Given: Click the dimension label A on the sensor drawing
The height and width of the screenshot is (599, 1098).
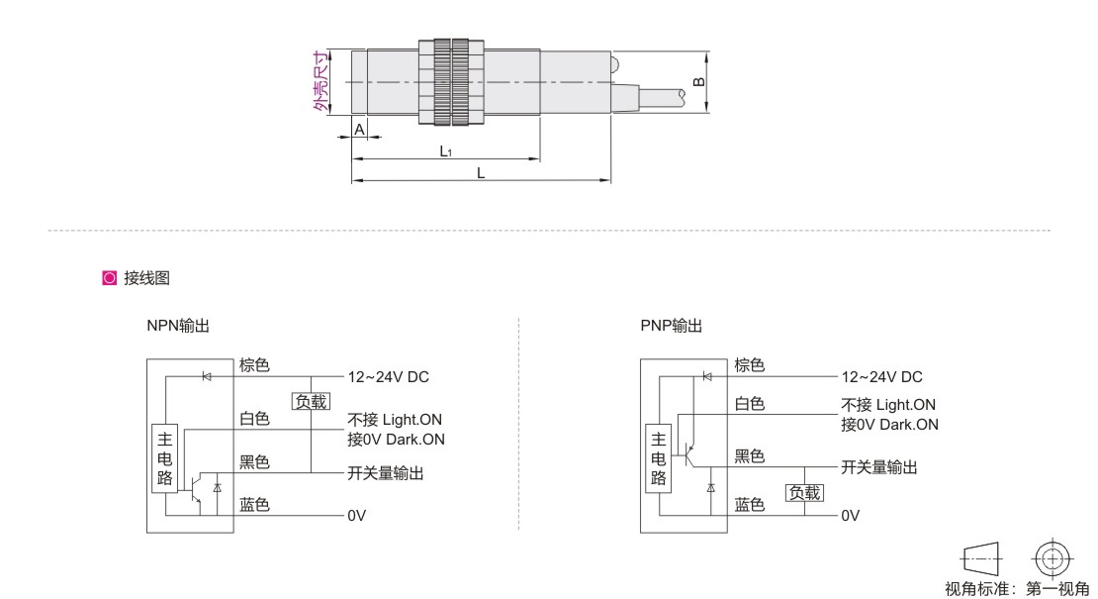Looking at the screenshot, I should [359, 130].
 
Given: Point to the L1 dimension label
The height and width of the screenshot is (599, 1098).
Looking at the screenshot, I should [446, 151].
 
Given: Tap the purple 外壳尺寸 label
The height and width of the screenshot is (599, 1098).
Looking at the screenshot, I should [319, 82].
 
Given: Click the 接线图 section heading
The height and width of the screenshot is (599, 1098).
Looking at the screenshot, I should [146, 278].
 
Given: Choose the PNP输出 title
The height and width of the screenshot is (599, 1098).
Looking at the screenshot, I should [672, 326].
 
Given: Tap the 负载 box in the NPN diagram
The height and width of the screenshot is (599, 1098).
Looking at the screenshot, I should [309, 401].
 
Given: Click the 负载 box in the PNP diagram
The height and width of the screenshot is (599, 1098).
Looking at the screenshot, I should [803, 492].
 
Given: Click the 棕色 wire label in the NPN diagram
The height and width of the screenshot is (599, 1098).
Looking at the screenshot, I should [254, 365].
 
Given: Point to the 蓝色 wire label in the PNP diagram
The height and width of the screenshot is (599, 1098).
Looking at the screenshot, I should [749, 505].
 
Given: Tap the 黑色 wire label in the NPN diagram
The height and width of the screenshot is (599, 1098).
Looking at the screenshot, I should [254, 462].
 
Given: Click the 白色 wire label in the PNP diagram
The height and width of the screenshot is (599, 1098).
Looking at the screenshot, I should [749, 404].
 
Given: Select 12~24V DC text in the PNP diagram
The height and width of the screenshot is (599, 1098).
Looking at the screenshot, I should [881, 377].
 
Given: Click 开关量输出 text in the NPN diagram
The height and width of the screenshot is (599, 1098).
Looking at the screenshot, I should [386, 474].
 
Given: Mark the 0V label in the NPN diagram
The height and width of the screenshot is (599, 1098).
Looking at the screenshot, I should [356, 516].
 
